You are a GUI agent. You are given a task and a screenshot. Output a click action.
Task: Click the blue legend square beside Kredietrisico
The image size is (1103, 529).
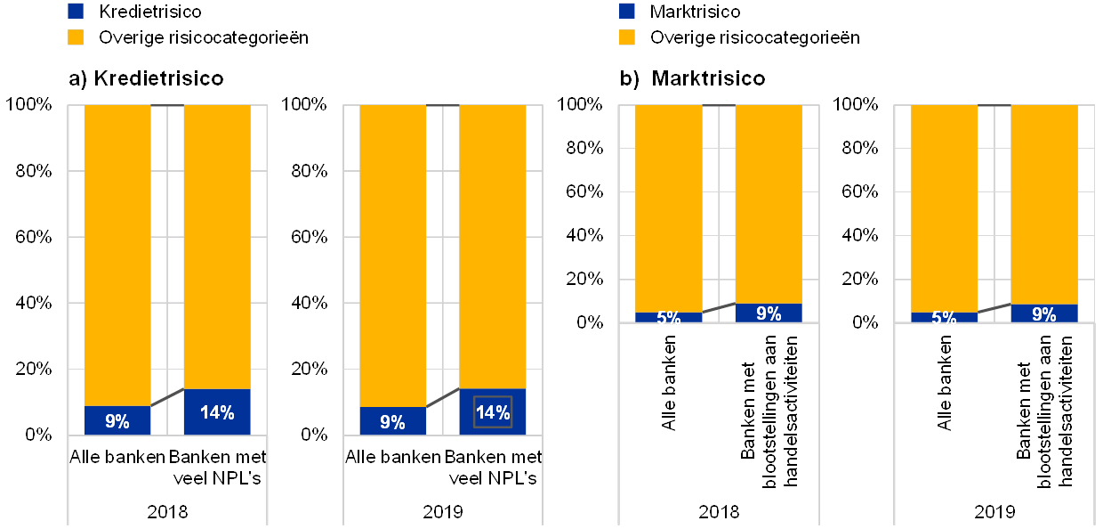76,12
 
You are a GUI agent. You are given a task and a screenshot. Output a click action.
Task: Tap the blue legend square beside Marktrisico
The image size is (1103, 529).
627,12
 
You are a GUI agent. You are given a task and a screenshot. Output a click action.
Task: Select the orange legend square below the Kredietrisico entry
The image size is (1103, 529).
76,37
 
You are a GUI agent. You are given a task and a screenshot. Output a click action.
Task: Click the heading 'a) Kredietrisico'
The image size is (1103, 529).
146,79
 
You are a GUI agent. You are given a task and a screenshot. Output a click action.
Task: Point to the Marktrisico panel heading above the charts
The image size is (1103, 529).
694,79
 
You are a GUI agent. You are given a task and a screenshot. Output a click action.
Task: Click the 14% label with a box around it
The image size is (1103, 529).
492,412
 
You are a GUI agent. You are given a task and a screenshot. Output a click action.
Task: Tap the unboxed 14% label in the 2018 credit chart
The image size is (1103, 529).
217,412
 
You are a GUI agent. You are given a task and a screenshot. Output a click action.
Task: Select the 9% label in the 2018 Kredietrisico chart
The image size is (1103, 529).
117,421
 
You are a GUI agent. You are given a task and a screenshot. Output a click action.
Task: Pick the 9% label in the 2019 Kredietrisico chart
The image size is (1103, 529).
392,421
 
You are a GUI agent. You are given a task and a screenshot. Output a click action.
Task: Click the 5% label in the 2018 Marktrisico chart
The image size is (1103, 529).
669,318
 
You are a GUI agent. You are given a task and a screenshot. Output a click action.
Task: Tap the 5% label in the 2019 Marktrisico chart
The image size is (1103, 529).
944,318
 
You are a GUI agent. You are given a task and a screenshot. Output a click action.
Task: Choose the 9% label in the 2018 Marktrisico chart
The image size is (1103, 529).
769,313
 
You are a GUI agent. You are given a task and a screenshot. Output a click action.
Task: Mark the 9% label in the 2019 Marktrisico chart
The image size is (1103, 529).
1043,313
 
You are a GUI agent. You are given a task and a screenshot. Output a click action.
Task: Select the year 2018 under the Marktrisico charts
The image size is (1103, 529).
719,511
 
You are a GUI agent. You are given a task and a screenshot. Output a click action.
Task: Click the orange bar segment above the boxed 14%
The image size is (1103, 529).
492,240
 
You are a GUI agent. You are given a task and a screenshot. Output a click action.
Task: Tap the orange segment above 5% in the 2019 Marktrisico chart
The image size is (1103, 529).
944,205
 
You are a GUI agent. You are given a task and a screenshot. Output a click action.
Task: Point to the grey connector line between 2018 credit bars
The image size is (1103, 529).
167,397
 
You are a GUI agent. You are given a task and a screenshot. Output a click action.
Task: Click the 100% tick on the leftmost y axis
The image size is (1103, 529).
35,104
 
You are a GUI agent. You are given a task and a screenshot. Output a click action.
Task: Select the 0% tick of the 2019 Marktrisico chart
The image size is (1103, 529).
865,322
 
